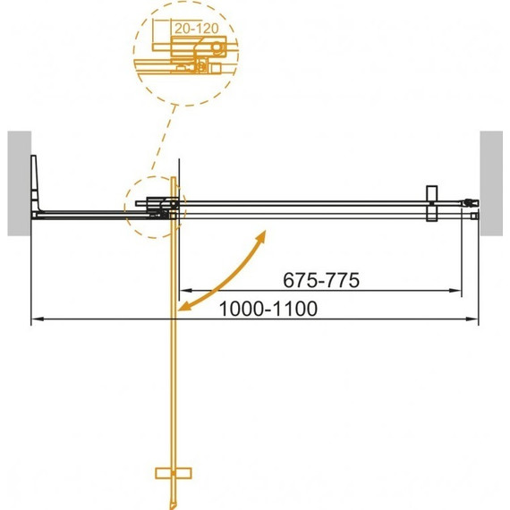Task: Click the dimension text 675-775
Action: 321,280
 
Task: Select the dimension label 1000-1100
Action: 267,308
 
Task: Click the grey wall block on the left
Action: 19,183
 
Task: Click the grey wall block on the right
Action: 493,183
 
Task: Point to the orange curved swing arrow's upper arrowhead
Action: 262,234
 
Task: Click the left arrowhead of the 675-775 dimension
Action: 183,291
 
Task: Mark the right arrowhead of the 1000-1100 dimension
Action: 472,319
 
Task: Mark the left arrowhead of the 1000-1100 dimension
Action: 36,319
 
